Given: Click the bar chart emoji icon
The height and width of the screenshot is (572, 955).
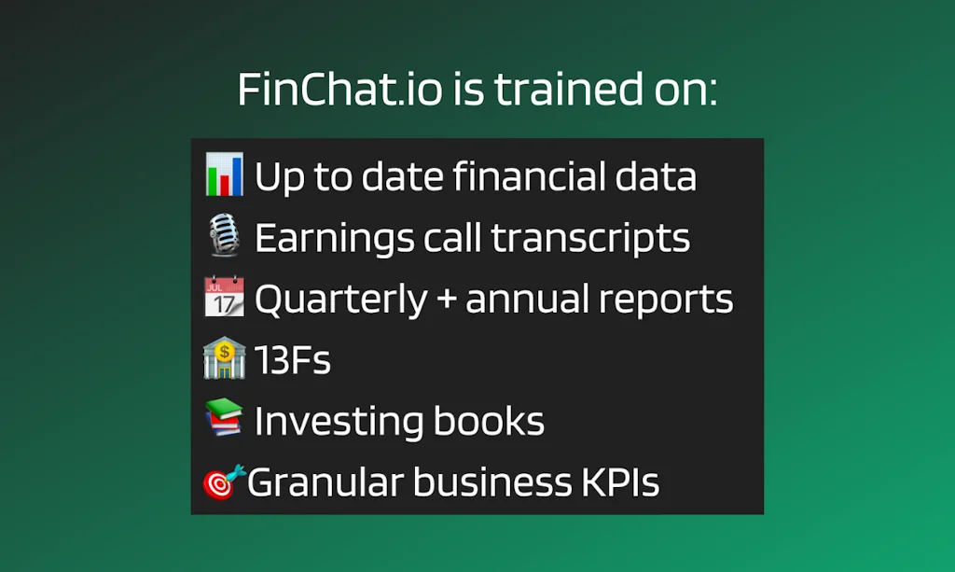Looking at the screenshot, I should click(224, 175).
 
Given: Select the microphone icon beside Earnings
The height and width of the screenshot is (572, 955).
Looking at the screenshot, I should click(224, 236).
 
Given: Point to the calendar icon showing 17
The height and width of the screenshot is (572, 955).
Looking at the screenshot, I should click(224, 298).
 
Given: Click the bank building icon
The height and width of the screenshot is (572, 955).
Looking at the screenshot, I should click(224, 359).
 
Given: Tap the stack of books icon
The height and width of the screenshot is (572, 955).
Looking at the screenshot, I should click(224, 420).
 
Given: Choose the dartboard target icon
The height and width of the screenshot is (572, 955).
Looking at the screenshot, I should click(224, 481).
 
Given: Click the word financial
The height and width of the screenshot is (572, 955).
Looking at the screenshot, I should click(529, 176).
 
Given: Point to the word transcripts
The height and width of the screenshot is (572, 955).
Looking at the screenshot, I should click(591, 238).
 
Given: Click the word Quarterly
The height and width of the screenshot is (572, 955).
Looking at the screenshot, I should click(340, 300).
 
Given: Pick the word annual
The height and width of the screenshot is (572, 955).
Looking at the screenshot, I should click(527, 300).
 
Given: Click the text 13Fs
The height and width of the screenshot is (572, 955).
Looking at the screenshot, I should click(292, 360).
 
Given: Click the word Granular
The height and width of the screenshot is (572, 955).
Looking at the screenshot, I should click(325, 482).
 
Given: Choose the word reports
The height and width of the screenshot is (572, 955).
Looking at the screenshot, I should click(666, 300).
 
